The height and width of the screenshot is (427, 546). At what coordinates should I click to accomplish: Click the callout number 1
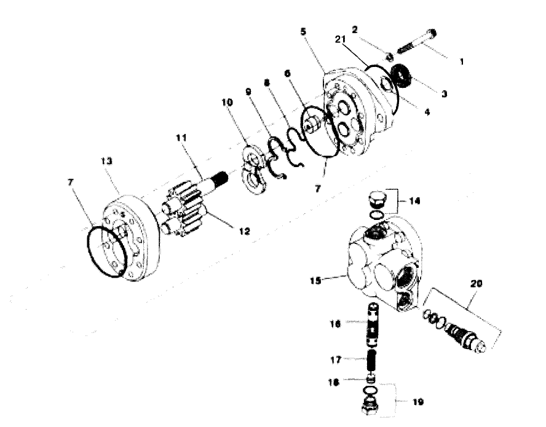pyautogui.click(x=462, y=62)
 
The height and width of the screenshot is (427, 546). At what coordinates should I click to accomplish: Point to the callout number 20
pyautogui.click(x=477, y=284)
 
